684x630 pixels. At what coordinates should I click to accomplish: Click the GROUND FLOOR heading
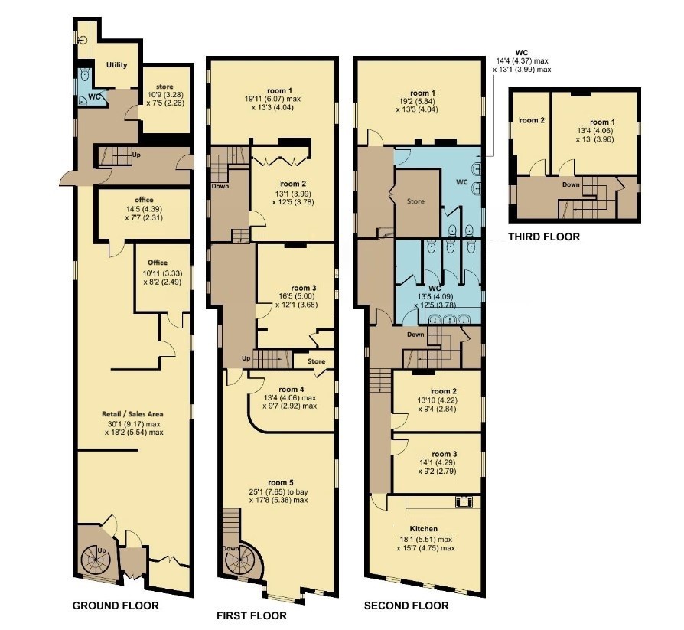tap(116, 606)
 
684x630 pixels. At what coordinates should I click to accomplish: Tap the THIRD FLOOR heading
tap(544, 237)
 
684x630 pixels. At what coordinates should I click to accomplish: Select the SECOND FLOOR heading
tap(406, 606)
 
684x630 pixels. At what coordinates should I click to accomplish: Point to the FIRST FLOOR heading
tap(252, 615)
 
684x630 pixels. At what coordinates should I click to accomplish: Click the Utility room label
tap(117, 64)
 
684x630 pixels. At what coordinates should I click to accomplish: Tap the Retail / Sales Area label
tap(132, 414)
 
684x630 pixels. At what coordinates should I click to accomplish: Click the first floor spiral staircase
tap(242, 558)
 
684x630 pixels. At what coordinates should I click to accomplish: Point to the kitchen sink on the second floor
tap(465, 501)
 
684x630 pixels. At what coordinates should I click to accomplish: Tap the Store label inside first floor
tap(316, 361)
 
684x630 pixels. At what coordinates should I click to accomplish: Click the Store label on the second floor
tap(415, 201)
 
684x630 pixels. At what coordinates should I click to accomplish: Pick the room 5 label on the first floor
tap(281, 482)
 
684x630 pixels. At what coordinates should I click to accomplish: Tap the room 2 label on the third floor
tap(532, 120)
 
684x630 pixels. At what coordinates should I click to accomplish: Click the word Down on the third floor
tap(571, 184)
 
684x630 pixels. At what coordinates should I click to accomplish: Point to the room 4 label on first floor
tap(292, 389)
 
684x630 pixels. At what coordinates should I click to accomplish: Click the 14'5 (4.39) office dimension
tap(144, 209)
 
